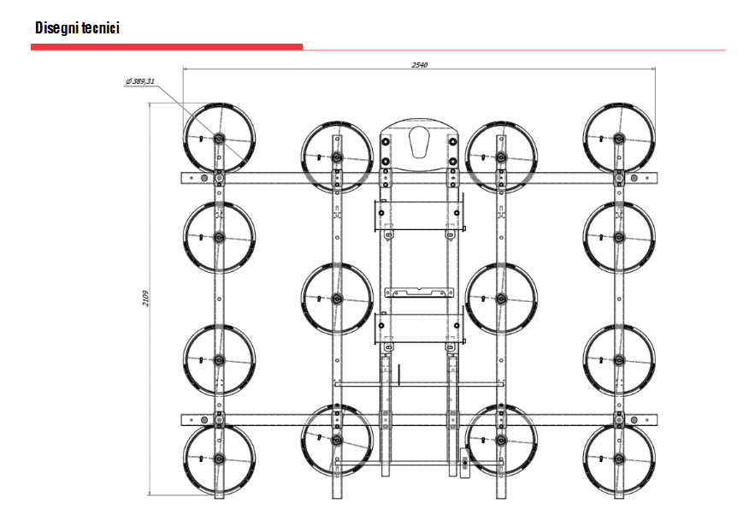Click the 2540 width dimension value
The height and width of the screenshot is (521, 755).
[419, 64]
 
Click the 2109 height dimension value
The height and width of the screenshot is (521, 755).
[145, 298]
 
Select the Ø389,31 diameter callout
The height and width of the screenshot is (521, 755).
[140, 81]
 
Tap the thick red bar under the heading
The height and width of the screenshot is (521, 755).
[167, 47]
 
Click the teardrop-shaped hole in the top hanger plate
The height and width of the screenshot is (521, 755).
[419, 142]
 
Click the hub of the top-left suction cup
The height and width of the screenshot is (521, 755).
[219, 139]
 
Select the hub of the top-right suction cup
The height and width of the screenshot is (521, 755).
[619, 139]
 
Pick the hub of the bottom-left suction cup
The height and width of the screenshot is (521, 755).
[219, 459]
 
